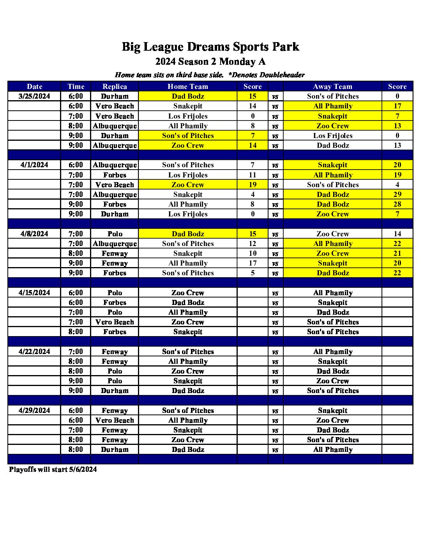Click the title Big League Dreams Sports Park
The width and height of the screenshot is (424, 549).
coord(210,47)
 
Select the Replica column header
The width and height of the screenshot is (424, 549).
coord(115,87)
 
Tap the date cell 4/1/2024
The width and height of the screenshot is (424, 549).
coord(34,165)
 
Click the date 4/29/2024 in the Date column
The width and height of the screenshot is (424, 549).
coord(34,410)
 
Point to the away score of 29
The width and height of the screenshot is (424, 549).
coord(397,194)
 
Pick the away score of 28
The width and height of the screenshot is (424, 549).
coord(397,204)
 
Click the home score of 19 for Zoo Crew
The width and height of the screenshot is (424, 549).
coord(253,184)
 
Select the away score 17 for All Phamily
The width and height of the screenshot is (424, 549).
coord(397,106)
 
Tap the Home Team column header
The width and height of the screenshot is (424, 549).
coord(188,87)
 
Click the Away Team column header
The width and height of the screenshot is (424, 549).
coord(332,87)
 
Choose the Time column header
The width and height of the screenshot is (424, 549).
coord(76,87)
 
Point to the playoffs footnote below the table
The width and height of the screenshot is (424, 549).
coord(53,469)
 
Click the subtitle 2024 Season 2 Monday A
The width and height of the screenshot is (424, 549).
coord(210,62)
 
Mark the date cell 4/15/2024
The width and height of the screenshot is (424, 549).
coord(34,292)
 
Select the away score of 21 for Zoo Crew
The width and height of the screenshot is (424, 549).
coord(397,253)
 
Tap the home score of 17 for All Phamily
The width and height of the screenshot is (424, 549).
coord(253,263)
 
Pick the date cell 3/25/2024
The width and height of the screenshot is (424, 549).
coord(34,96)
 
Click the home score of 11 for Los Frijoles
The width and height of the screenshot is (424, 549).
coord(253,175)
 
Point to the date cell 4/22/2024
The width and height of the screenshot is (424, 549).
coord(34,351)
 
